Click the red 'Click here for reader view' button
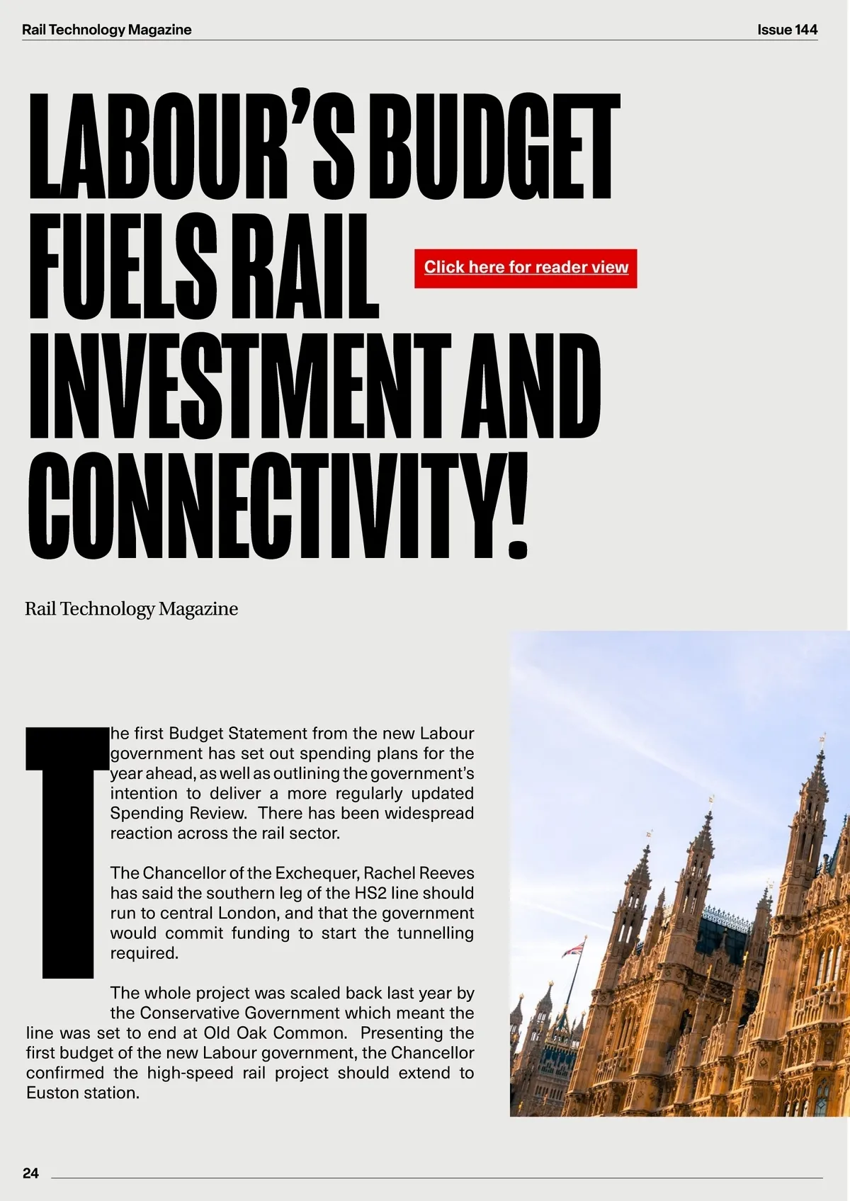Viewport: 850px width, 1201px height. pyautogui.click(x=526, y=268)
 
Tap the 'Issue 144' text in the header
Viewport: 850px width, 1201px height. pyautogui.click(x=787, y=30)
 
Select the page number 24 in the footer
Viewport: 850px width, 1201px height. pyautogui.click(x=30, y=1173)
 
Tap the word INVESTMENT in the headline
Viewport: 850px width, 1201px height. pyautogui.click(x=239, y=386)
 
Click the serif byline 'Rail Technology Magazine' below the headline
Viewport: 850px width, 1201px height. pyautogui.click(x=131, y=608)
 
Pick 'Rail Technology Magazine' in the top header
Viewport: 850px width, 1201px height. pyautogui.click(x=106, y=30)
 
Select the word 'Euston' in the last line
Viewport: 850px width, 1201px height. pyautogui.click(x=53, y=1093)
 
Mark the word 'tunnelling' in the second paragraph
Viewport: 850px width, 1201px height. pyautogui.click(x=435, y=933)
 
